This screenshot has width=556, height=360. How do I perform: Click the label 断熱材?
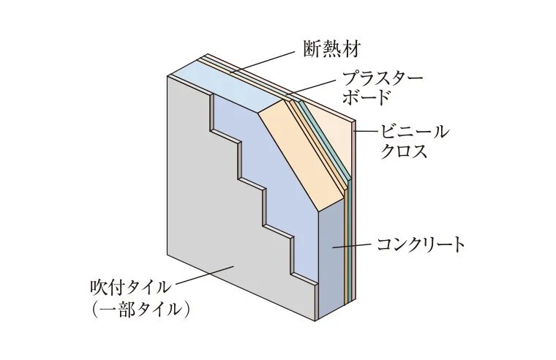331,49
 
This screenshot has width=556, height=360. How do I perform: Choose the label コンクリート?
421,244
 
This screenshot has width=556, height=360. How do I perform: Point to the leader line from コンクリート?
352,247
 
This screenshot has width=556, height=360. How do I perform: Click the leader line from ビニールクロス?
366,132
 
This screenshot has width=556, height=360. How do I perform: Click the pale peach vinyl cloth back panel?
333,124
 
